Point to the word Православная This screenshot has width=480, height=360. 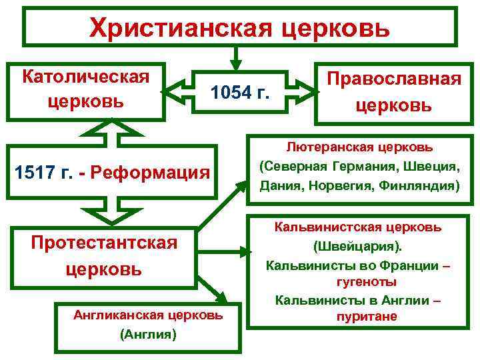pos(393,79)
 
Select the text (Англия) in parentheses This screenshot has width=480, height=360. pos(148,335)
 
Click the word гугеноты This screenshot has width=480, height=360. pos(358,283)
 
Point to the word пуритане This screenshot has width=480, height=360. pos(358,316)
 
